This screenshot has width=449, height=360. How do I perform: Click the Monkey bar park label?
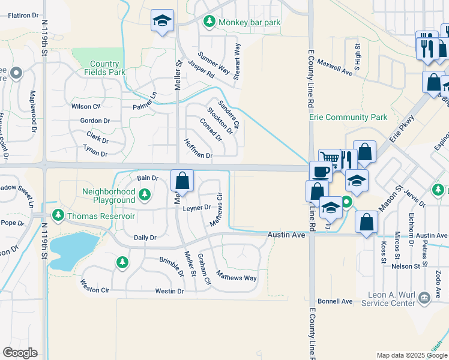[250, 23]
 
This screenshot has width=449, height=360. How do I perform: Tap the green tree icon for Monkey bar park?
[209, 23]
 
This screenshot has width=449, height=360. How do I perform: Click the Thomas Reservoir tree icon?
[58, 215]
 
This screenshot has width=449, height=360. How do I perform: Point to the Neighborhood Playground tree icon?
[144, 194]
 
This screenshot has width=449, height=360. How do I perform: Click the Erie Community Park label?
[348, 118]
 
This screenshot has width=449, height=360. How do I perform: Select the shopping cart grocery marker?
[330, 158]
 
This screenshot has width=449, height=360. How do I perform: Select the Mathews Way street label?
[237, 278]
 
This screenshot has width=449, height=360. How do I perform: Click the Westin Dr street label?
[169, 291]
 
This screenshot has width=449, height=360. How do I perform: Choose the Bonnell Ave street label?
[335, 301]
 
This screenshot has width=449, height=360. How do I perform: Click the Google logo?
[20, 353]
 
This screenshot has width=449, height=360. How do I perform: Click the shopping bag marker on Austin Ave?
[366, 223]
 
